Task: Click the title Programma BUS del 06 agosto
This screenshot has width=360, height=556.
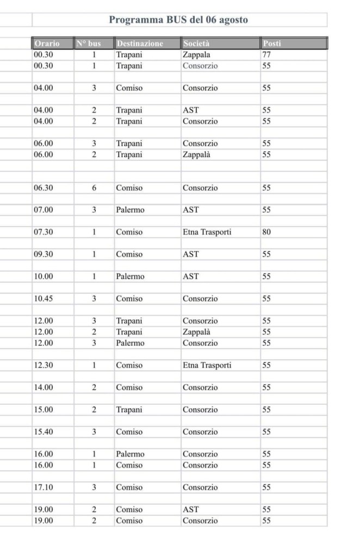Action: click(x=178, y=20)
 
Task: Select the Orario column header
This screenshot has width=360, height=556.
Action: click(x=47, y=43)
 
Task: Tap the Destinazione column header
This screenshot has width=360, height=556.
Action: click(x=140, y=43)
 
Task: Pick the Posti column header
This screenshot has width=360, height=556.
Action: click(x=272, y=43)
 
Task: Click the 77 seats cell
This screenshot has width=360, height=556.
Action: click(x=266, y=54)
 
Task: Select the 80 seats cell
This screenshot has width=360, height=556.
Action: click(x=266, y=232)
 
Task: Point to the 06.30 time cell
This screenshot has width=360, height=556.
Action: click(x=44, y=188)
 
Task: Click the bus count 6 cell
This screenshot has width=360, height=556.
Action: click(x=94, y=188)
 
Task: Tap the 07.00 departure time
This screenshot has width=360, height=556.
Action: click(x=44, y=210)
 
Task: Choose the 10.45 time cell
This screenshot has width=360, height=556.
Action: click(x=44, y=298)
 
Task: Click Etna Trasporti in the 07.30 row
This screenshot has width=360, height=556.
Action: click(x=207, y=232)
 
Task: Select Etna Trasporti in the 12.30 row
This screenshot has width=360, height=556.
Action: click(x=207, y=365)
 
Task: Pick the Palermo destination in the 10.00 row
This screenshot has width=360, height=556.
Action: click(x=131, y=276)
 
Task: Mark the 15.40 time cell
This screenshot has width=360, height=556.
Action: click(x=44, y=432)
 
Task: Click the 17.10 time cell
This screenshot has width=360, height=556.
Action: click(x=44, y=487)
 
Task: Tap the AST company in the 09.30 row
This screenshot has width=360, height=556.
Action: click(x=191, y=254)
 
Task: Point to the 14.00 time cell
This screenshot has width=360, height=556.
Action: click(x=44, y=388)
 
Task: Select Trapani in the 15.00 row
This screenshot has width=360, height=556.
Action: click(x=129, y=409)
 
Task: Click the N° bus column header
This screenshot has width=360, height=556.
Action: click(x=94, y=43)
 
